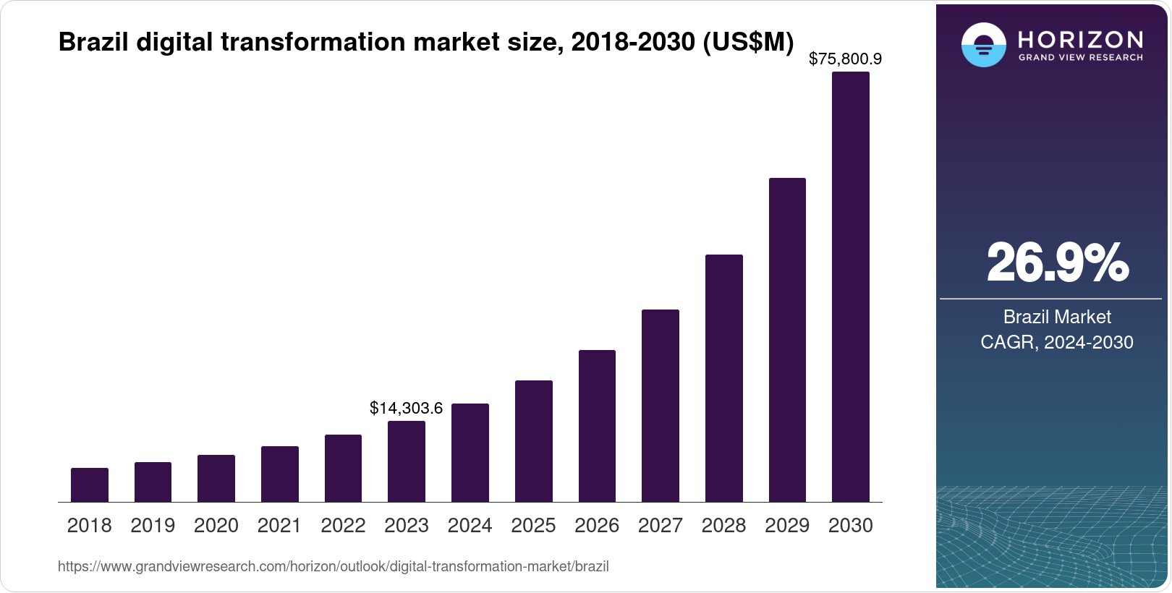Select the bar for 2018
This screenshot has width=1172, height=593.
pyautogui.click(x=89, y=485)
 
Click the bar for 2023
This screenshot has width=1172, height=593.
pyautogui.click(x=406, y=461)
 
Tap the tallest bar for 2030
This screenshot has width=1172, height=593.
pyautogui.click(x=850, y=286)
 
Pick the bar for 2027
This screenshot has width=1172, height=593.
pyautogui.click(x=660, y=406)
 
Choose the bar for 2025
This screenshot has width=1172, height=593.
pyautogui.click(x=533, y=441)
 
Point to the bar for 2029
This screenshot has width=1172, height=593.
pyautogui.click(x=787, y=340)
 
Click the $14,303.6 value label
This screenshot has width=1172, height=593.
pyautogui.click(x=406, y=408)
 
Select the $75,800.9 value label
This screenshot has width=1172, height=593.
pyautogui.click(x=845, y=59)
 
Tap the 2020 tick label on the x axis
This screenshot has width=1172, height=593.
pyautogui.click(x=216, y=526)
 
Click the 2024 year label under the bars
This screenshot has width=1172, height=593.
pyautogui.click(x=470, y=526)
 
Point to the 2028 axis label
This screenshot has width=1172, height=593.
pyautogui.click(x=723, y=526)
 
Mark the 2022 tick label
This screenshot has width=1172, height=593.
pyautogui.click(x=343, y=526)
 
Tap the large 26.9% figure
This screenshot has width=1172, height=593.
pyautogui.click(x=1057, y=263)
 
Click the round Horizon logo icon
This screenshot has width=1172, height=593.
pyautogui.click(x=983, y=45)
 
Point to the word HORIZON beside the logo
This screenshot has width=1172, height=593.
pyautogui.click(x=1080, y=39)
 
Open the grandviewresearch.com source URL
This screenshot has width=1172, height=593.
pyautogui.click(x=333, y=566)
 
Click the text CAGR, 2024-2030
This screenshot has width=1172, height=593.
pyautogui.click(x=1056, y=342)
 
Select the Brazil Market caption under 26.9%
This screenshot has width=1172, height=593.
pyautogui.click(x=1056, y=317)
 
